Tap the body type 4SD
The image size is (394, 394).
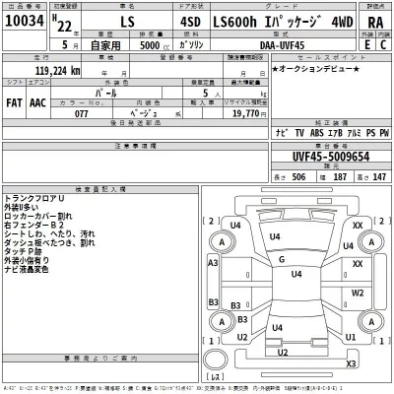[x=217, y=24]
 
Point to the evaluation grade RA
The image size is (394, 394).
[x=374, y=24]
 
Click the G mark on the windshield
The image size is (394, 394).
[x=282, y=259]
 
